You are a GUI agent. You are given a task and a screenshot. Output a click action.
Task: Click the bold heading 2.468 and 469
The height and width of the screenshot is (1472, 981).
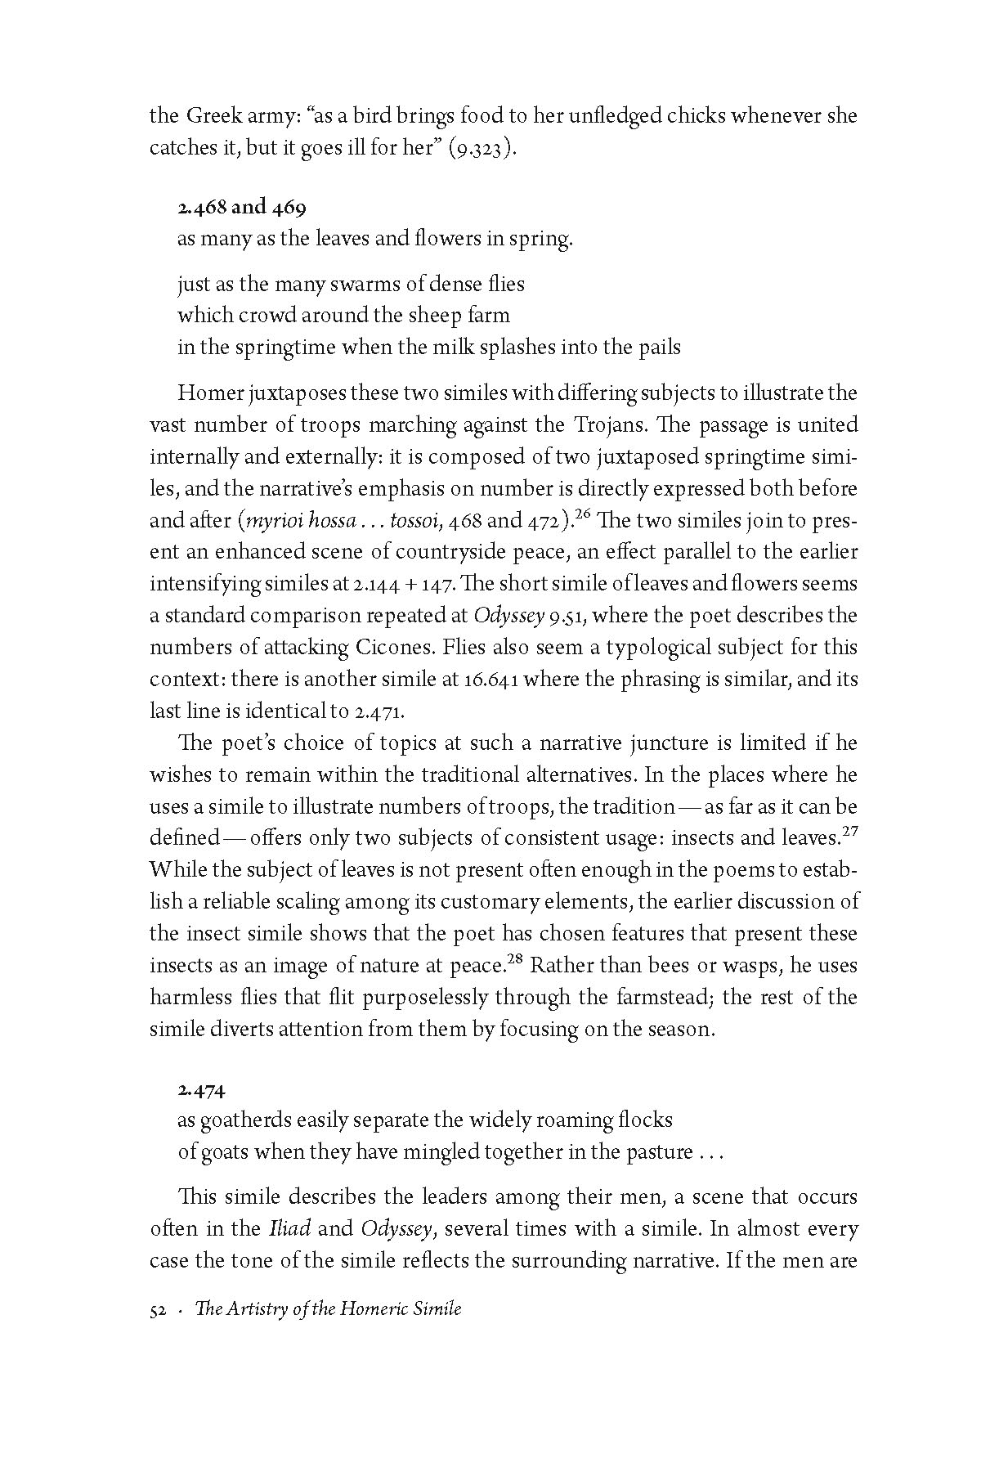pos(241,207)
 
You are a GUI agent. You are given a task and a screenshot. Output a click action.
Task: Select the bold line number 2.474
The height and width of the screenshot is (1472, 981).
pos(201,1090)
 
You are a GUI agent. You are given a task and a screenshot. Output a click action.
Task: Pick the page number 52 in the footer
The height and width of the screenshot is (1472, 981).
pos(159,1309)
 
